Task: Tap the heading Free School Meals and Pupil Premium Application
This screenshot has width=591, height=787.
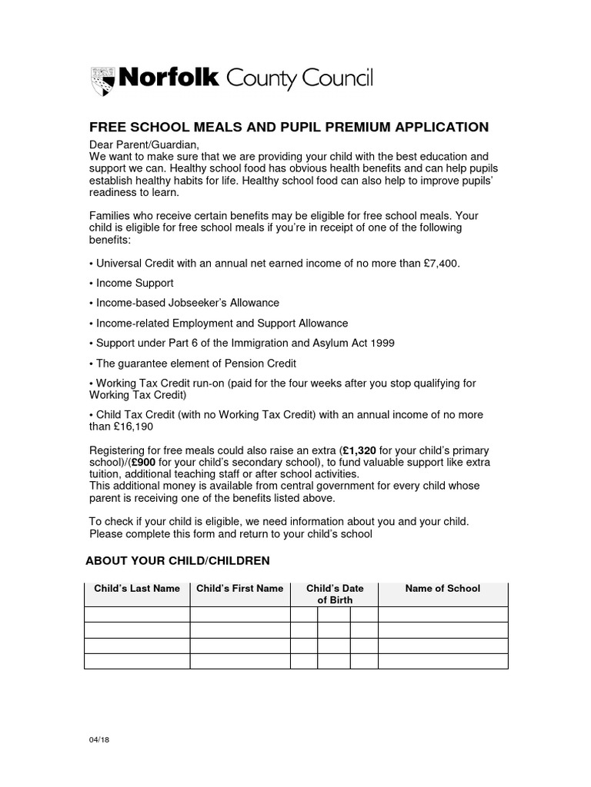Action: coord(289,127)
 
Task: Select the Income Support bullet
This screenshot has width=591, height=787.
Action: coord(132,283)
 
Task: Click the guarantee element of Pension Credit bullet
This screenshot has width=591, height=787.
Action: coord(193,363)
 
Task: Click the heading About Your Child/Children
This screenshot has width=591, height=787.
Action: coord(178,561)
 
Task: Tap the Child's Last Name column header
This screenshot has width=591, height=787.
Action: coord(137,589)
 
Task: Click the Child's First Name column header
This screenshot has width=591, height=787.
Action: coord(240,589)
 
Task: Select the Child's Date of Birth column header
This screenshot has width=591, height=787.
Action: coord(335,594)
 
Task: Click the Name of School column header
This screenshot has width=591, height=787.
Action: coord(442,589)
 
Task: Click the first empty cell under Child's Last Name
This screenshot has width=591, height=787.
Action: coord(137,614)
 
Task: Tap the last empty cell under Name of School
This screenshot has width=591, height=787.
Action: coord(442,661)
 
